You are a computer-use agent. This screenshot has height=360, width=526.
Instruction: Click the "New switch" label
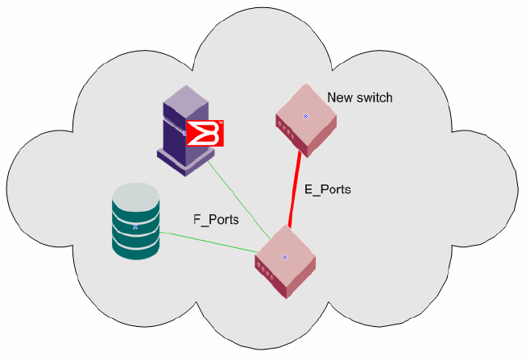359,98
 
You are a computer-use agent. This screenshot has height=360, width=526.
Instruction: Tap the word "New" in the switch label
338,98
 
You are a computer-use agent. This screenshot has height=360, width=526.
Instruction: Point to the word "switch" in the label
373,98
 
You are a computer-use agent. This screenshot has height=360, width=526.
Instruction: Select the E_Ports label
327,190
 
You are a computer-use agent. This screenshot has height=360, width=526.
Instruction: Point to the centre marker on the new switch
305,117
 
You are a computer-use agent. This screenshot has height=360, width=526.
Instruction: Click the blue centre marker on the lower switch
284,257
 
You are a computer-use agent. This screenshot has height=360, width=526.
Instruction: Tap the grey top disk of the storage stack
135,193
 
